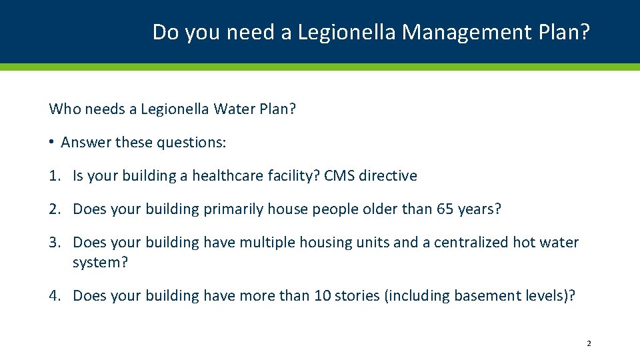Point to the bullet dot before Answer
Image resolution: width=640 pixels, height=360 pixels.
click(51, 143)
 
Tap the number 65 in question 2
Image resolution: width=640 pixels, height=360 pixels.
click(445, 209)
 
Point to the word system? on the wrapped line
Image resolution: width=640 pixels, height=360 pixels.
click(100, 263)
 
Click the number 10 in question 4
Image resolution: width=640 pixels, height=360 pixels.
click(322, 296)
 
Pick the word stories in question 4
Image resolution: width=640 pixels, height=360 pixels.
click(357, 296)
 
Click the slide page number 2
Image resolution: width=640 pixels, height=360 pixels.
click(589, 344)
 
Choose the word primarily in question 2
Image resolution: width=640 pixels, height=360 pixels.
click(233, 209)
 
